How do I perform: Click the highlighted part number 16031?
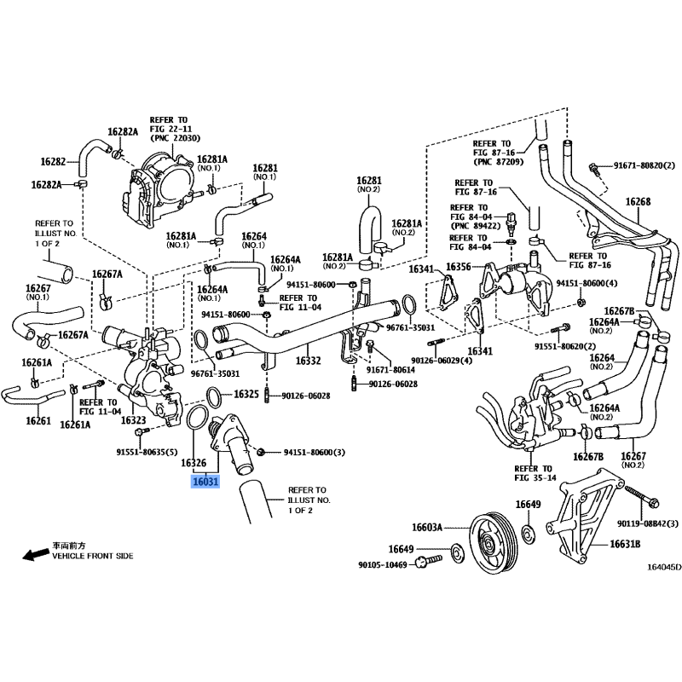(206, 482)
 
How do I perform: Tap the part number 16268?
(638, 202)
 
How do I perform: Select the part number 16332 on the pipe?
(308, 361)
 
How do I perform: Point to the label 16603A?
(428, 528)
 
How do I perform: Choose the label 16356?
(458, 267)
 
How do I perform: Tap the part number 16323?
(133, 419)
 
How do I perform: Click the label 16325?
(246, 395)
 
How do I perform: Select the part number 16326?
(194, 463)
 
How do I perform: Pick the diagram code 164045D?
(664, 567)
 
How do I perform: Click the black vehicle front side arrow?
(35, 556)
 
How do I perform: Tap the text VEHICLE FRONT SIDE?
(93, 556)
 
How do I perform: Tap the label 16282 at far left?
(53, 161)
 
